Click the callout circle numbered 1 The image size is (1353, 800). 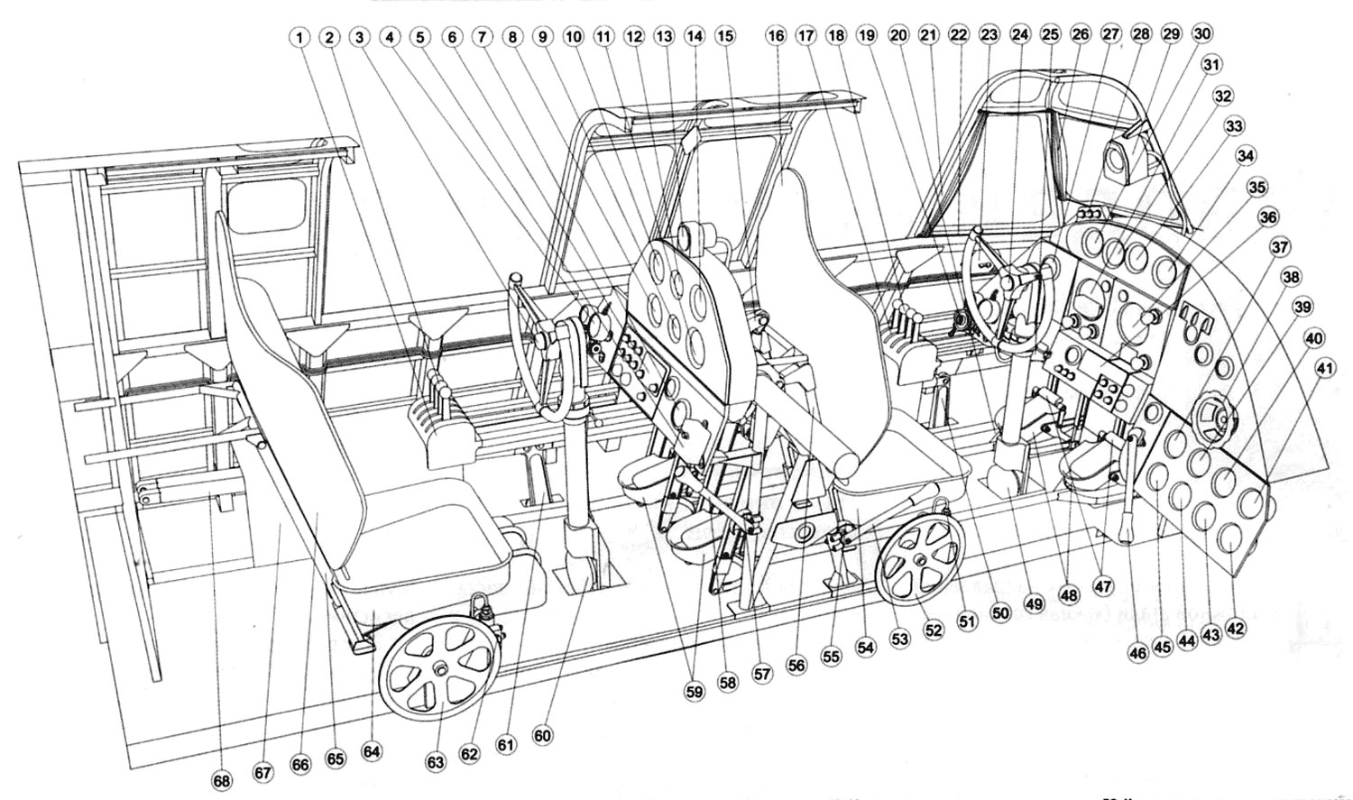tap(299, 37)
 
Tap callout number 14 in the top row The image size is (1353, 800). tap(695, 37)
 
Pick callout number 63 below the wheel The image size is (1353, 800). tap(437, 762)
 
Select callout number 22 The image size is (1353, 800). tap(958, 35)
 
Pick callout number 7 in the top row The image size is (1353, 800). tap(482, 37)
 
